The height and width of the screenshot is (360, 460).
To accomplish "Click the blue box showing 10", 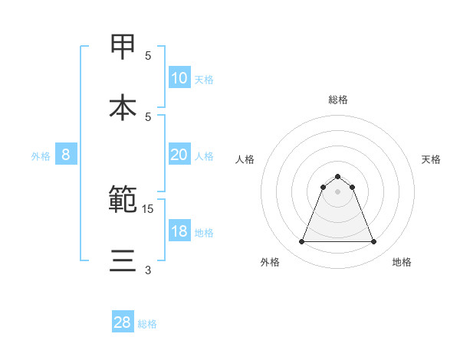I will point(179,78).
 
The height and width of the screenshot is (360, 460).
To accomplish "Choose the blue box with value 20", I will point(179,155).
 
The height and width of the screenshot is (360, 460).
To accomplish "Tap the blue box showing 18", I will point(179,231).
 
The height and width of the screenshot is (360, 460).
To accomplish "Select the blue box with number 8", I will point(65,155).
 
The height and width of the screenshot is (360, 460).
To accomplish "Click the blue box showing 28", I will point(123,322).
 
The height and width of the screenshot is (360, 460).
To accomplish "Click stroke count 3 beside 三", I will point(148,270).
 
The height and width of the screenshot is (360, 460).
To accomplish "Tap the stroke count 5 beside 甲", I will point(148,56).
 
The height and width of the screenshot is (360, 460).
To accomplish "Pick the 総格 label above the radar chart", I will point(338,100).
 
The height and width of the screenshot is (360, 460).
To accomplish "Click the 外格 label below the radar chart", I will point(270,263).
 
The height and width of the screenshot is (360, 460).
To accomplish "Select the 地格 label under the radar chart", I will point(402,263).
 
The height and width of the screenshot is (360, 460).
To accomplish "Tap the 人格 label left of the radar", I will point(245,159).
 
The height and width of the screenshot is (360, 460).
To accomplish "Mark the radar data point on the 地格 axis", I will point(374,242).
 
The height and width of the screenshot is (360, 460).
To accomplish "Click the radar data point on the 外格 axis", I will point(301,242).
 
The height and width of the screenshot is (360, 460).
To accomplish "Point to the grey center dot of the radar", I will point(338,191).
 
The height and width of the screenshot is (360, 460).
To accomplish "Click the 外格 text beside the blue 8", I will point(41,155).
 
